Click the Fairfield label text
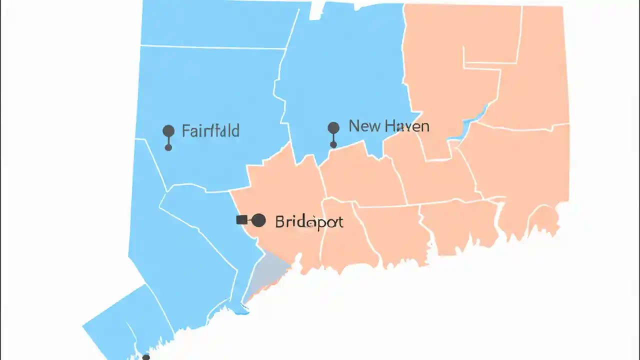click(210, 131)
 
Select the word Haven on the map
click(406, 126)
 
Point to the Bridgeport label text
click(309, 221)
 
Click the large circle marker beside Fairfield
click(168, 131)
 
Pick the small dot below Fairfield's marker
click(168, 147)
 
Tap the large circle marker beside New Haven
click(333, 127)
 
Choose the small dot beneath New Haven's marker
click(333, 145)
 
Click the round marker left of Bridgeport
click(258, 220)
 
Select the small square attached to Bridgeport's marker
click(241, 219)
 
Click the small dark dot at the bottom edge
click(145, 357)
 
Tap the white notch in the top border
click(315, 11)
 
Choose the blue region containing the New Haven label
click(345, 75)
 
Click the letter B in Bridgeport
click(279, 221)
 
